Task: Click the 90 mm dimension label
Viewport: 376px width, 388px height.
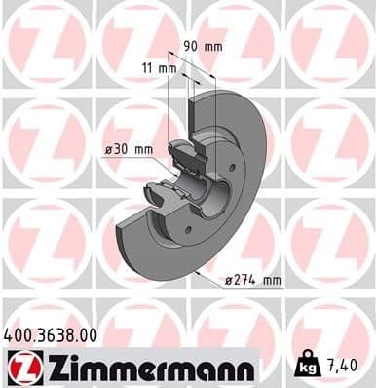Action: pos(204,45)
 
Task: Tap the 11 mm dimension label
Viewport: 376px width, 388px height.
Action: pos(158,68)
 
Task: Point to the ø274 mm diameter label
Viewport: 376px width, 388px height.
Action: pos(253,281)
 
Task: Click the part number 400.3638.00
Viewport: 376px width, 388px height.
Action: pos(51,334)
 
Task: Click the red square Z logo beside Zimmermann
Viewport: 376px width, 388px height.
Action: pos(19,367)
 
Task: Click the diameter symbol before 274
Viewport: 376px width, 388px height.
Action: pos(229,281)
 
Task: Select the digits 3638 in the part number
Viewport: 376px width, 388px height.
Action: pos(53,334)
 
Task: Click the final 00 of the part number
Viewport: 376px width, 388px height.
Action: pos(87,334)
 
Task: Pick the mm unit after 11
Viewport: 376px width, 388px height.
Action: pos(167,68)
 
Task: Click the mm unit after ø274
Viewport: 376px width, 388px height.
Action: pos(271,281)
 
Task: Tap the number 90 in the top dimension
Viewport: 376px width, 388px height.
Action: pos(191,45)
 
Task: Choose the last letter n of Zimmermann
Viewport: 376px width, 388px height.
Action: pos(245,368)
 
